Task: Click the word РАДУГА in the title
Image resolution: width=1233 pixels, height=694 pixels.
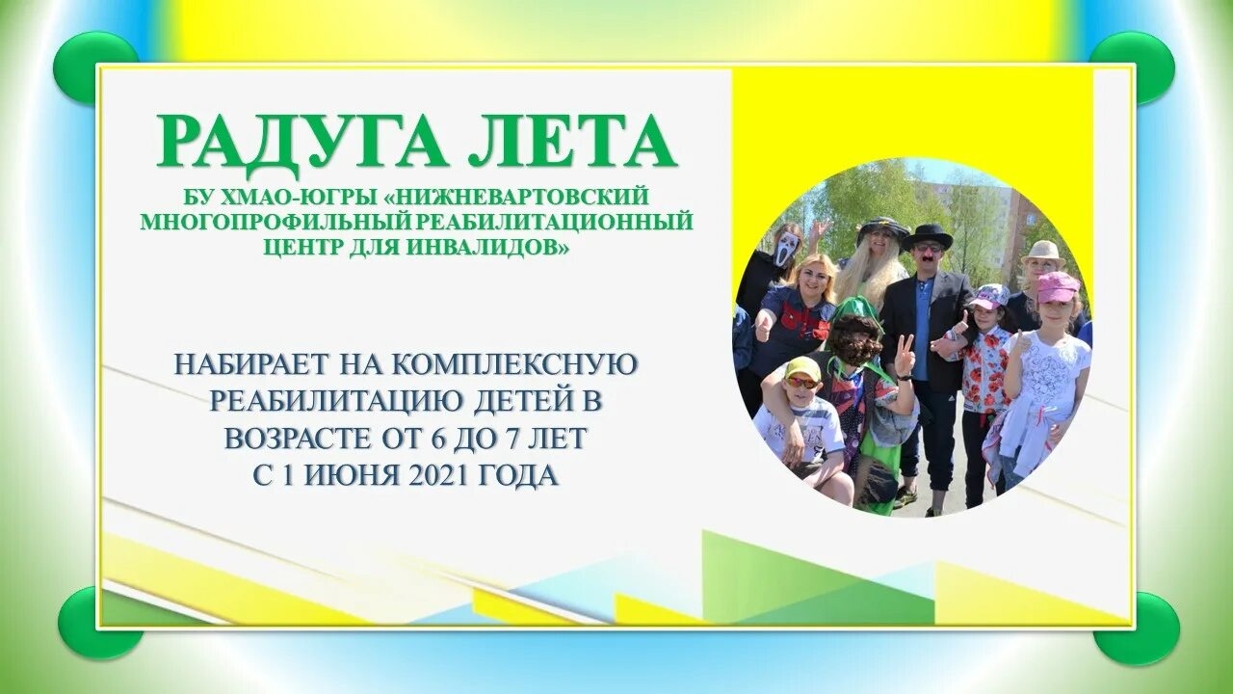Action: [x=302, y=143]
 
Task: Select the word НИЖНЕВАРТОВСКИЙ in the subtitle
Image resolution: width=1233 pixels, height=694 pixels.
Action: [x=521, y=197]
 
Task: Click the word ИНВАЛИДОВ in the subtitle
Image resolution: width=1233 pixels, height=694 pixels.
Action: [x=490, y=247]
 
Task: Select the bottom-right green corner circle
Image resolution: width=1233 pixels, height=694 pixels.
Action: [x=1137, y=627]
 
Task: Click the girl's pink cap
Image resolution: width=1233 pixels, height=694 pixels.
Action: [x=1057, y=286]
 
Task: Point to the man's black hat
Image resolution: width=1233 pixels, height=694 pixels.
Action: [x=927, y=236]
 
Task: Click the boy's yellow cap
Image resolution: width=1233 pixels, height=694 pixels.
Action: [x=801, y=368]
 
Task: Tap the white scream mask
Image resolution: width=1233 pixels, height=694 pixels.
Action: [x=787, y=248]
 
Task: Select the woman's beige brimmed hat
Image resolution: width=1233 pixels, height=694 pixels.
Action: [x=1043, y=254]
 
